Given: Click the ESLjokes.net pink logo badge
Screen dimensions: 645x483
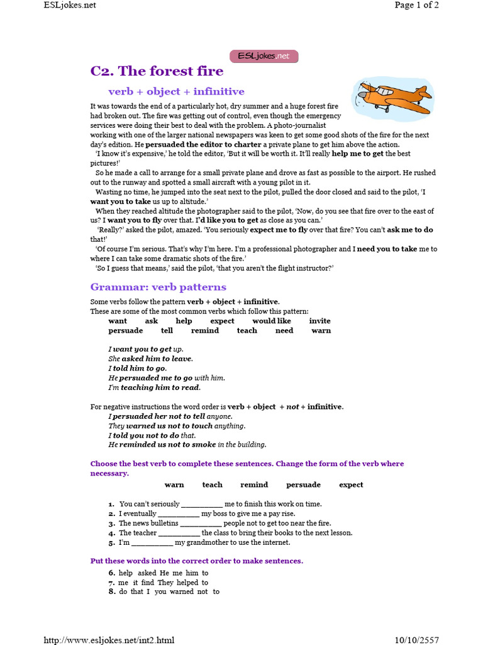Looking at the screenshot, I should (x=264, y=56).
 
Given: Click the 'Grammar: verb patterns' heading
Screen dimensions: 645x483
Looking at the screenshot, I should (x=158, y=287).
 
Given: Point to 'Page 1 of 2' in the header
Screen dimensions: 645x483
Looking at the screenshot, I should (x=416, y=5).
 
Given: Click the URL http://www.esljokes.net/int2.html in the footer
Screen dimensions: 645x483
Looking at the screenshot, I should (x=109, y=640).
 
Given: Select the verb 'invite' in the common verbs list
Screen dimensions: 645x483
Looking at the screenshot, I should (x=319, y=321).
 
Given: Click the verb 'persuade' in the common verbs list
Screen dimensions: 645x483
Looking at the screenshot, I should (x=126, y=330).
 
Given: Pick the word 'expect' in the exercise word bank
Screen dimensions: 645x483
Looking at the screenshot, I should (x=351, y=484).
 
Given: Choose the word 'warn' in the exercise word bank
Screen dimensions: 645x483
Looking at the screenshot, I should (x=174, y=484).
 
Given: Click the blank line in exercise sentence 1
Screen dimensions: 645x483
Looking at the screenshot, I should (x=202, y=505).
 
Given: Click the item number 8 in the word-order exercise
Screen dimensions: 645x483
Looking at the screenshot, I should (x=111, y=591).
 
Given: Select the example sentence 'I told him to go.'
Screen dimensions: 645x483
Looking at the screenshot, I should (x=137, y=368).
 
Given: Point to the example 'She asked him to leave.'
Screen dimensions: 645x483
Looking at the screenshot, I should (x=150, y=358).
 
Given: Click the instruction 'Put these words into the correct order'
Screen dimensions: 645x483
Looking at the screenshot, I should (x=196, y=561).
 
